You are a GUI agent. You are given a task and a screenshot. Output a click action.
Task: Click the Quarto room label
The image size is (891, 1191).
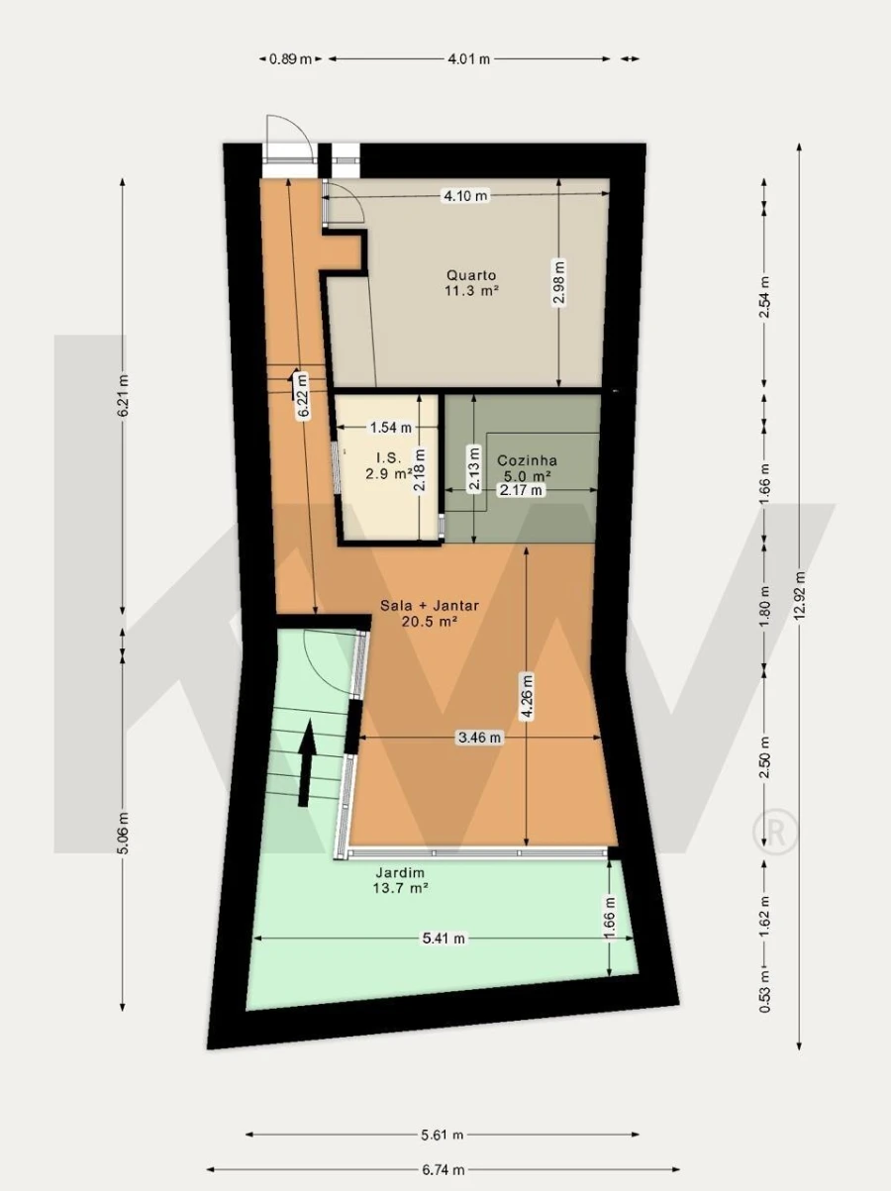(x=471, y=275)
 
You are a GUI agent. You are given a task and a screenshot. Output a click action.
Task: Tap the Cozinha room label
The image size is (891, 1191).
(x=527, y=460)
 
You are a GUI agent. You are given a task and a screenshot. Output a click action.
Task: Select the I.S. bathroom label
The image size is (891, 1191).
(x=388, y=458)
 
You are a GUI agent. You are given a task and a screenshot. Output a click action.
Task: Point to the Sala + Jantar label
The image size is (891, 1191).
(x=430, y=606)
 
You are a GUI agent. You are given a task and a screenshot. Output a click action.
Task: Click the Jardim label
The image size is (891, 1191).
(x=400, y=873)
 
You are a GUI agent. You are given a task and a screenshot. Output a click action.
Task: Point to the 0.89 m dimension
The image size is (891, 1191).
(x=290, y=58)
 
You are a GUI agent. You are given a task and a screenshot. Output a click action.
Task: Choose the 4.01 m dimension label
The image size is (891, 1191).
(x=468, y=58)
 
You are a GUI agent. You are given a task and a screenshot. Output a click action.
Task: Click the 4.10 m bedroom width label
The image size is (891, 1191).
(x=465, y=195)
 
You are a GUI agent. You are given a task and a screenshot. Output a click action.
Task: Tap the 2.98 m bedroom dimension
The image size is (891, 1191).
(x=559, y=283)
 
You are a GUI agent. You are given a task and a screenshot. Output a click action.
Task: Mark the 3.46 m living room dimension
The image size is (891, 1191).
(x=480, y=738)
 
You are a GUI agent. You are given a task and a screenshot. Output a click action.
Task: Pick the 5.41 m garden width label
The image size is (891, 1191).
(x=444, y=939)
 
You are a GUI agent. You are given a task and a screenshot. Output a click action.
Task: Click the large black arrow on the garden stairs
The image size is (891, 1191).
(x=307, y=762)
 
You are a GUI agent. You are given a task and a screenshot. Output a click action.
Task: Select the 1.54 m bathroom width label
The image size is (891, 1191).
(x=390, y=428)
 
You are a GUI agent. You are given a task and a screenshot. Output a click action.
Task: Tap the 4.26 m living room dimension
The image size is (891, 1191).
(x=526, y=697)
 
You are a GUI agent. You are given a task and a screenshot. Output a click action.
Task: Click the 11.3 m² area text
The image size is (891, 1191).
(x=471, y=291)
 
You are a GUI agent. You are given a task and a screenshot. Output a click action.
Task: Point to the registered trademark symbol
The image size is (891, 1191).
(x=775, y=832)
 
